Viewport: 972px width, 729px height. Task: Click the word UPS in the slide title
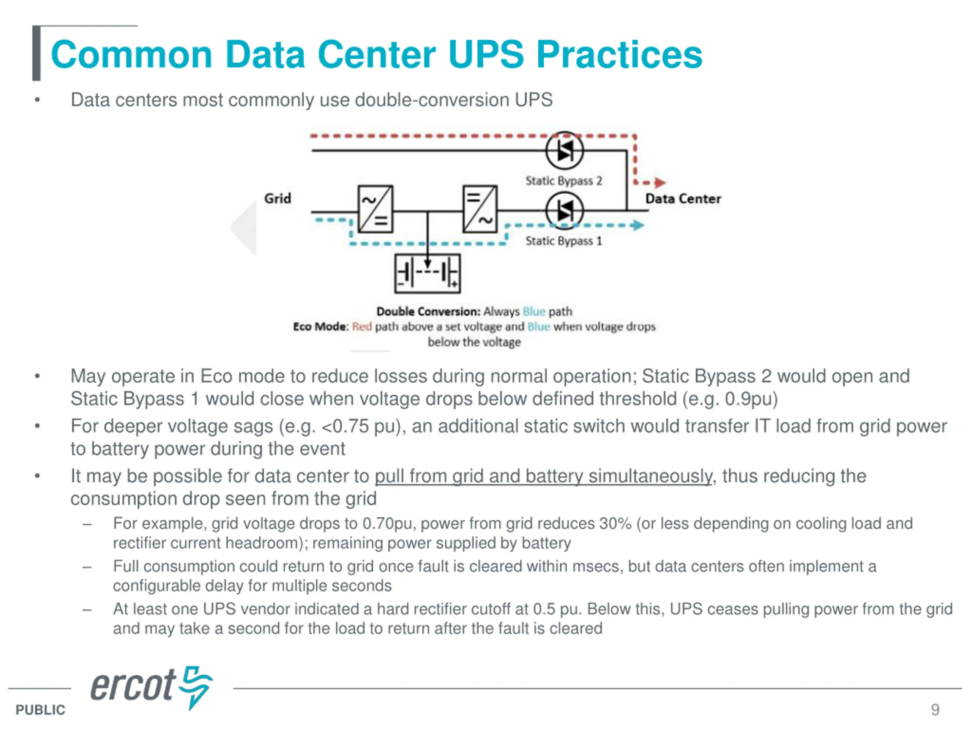pyautogui.click(x=486, y=55)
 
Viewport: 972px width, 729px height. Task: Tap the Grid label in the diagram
pyautogui.click(x=277, y=199)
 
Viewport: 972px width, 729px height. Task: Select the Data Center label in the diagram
pyautogui.click(x=683, y=199)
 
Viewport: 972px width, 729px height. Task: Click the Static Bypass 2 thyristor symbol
pyautogui.click(x=565, y=151)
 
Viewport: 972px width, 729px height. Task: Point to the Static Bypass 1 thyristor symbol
pyautogui.click(x=565, y=211)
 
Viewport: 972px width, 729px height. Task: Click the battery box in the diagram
pyautogui.click(x=427, y=273)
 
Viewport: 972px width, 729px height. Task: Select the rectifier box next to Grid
pyautogui.click(x=375, y=209)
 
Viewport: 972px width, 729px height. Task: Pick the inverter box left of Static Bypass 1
pyautogui.click(x=480, y=209)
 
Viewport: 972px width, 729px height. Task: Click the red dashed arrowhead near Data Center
pyautogui.click(x=660, y=182)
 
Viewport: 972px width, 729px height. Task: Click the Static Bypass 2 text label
pyautogui.click(x=564, y=181)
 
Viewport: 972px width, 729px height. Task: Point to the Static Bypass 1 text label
pyautogui.click(x=564, y=241)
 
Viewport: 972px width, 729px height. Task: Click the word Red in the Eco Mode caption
pyautogui.click(x=361, y=327)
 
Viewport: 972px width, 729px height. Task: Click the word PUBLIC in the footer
pyautogui.click(x=40, y=710)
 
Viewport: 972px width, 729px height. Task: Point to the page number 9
pyautogui.click(x=935, y=709)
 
